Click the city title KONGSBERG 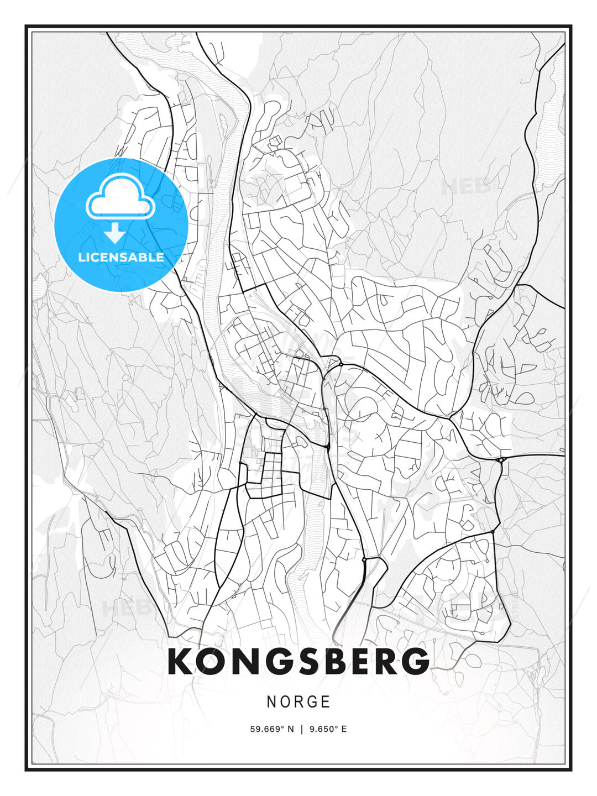coord(298,661)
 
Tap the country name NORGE coord(298,702)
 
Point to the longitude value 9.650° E coord(328,729)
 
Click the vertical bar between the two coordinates coord(302,729)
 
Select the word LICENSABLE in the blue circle coord(121,257)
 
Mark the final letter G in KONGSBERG coord(413,661)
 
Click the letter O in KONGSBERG coord(211,661)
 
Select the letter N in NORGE coord(271,702)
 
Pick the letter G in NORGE coord(312,702)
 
